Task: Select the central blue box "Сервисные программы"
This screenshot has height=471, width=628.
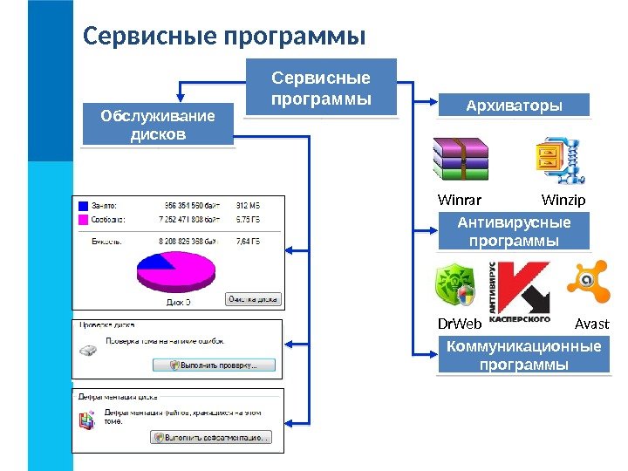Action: click(320, 87)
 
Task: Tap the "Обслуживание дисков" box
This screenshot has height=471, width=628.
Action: click(158, 125)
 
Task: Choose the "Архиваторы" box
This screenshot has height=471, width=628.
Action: click(514, 106)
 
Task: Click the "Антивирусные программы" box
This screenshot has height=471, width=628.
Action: click(514, 231)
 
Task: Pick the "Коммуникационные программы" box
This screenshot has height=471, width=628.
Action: click(523, 355)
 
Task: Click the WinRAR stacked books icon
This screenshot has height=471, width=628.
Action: click(461, 160)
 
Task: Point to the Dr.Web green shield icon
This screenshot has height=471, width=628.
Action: click(455, 286)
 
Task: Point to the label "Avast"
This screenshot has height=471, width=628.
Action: click(592, 324)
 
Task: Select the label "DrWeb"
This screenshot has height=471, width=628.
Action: click(459, 324)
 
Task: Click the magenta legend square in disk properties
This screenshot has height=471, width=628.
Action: click(84, 221)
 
